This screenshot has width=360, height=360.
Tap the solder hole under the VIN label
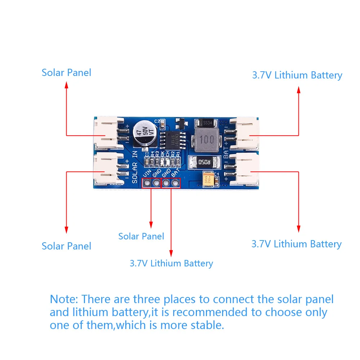(147, 183)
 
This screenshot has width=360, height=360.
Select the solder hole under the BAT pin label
(176, 183)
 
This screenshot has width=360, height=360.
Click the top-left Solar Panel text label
(66, 72)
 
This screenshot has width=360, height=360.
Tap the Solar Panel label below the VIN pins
(141, 236)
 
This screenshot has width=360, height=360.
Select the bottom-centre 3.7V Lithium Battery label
(171, 263)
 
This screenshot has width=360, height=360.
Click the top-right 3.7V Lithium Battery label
(297, 75)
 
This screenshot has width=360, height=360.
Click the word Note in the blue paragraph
(64, 299)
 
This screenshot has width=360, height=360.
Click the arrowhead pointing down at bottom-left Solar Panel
(66, 229)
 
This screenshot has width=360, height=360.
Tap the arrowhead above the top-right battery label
(298, 90)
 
